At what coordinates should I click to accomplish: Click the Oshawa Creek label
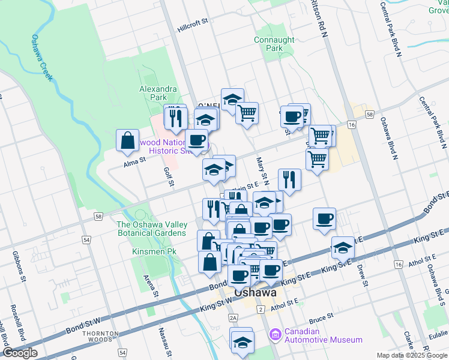click(43, 57)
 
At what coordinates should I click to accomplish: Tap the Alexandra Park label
click(158, 93)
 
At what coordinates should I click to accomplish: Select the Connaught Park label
click(274, 44)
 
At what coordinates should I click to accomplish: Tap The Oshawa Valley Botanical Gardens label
click(151, 229)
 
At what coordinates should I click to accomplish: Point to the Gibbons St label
click(19, 267)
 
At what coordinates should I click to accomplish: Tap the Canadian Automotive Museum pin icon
click(274, 333)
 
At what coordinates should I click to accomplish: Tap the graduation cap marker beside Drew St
click(343, 247)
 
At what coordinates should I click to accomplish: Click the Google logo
click(20, 353)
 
